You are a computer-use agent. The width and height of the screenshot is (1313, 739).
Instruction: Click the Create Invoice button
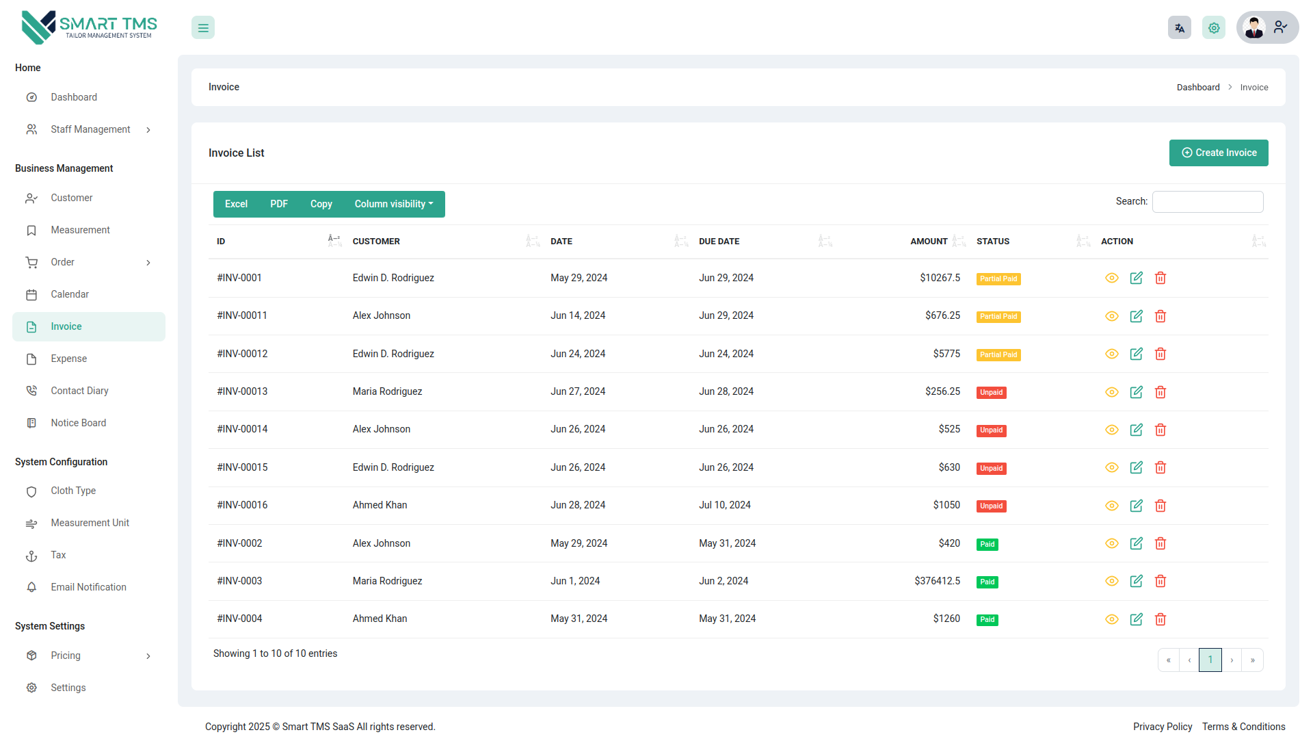pyautogui.click(x=1219, y=153)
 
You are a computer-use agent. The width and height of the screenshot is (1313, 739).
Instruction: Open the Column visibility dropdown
pyautogui.click(x=393, y=204)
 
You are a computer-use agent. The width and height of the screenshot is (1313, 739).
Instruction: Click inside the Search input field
pyautogui.click(x=1207, y=202)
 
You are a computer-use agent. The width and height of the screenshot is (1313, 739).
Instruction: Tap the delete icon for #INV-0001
pyautogui.click(x=1161, y=278)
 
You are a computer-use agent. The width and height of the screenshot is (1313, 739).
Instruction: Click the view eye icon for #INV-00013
pyautogui.click(x=1112, y=392)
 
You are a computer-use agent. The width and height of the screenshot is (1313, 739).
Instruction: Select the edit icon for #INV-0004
pyautogui.click(x=1136, y=619)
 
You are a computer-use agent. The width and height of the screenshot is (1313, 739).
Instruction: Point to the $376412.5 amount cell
pyautogui.click(x=937, y=581)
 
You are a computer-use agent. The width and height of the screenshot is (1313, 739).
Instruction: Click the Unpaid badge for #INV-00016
pyautogui.click(x=991, y=506)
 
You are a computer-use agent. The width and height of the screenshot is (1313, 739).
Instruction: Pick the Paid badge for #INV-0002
pyautogui.click(x=987, y=544)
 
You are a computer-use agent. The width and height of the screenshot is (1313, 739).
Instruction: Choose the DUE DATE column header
pyautogui.click(x=719, y=242)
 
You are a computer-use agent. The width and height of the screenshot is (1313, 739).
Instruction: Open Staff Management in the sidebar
pyautogui.click(x=90, y=129)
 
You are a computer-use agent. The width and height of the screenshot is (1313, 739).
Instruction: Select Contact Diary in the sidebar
pyautogui.click(x=79, y=391)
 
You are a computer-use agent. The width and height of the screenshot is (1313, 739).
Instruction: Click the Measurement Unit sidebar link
pyautogui.click(x=90, y=523)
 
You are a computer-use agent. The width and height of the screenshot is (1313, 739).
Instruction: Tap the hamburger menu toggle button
pyautogui.click(x=203, y=28)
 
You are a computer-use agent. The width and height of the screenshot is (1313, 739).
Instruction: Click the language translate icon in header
pyautogui.click(x=1179, y=28)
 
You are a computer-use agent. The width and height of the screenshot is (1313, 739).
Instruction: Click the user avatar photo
pyautogui.click(x=1254, y=28)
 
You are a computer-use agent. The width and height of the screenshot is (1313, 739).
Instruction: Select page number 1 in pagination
pyautogui.click(x=1210, y=660)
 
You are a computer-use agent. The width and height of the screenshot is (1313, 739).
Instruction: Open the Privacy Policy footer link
pyautogui.click(x=1162, y=727)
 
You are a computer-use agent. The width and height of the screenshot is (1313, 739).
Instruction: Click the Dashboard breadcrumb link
pyautogui.click(x=1197, y=88)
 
